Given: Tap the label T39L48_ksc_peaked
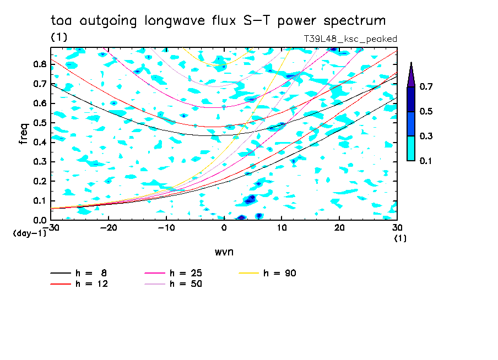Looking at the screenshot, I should click(350, 39).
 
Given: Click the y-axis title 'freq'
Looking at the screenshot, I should click(24, 133).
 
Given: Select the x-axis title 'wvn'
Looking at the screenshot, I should click(224, 252).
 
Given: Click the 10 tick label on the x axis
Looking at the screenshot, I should click(282, 227).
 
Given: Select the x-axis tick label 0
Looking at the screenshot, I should click(224, 227).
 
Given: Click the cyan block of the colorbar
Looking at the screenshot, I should click(411, 148).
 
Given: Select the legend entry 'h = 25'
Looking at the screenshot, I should click(186, 273).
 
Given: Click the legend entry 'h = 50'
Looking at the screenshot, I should click(186, 284).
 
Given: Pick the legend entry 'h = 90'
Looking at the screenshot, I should click(280, 273).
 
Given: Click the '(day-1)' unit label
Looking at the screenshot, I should click(30, 233).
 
